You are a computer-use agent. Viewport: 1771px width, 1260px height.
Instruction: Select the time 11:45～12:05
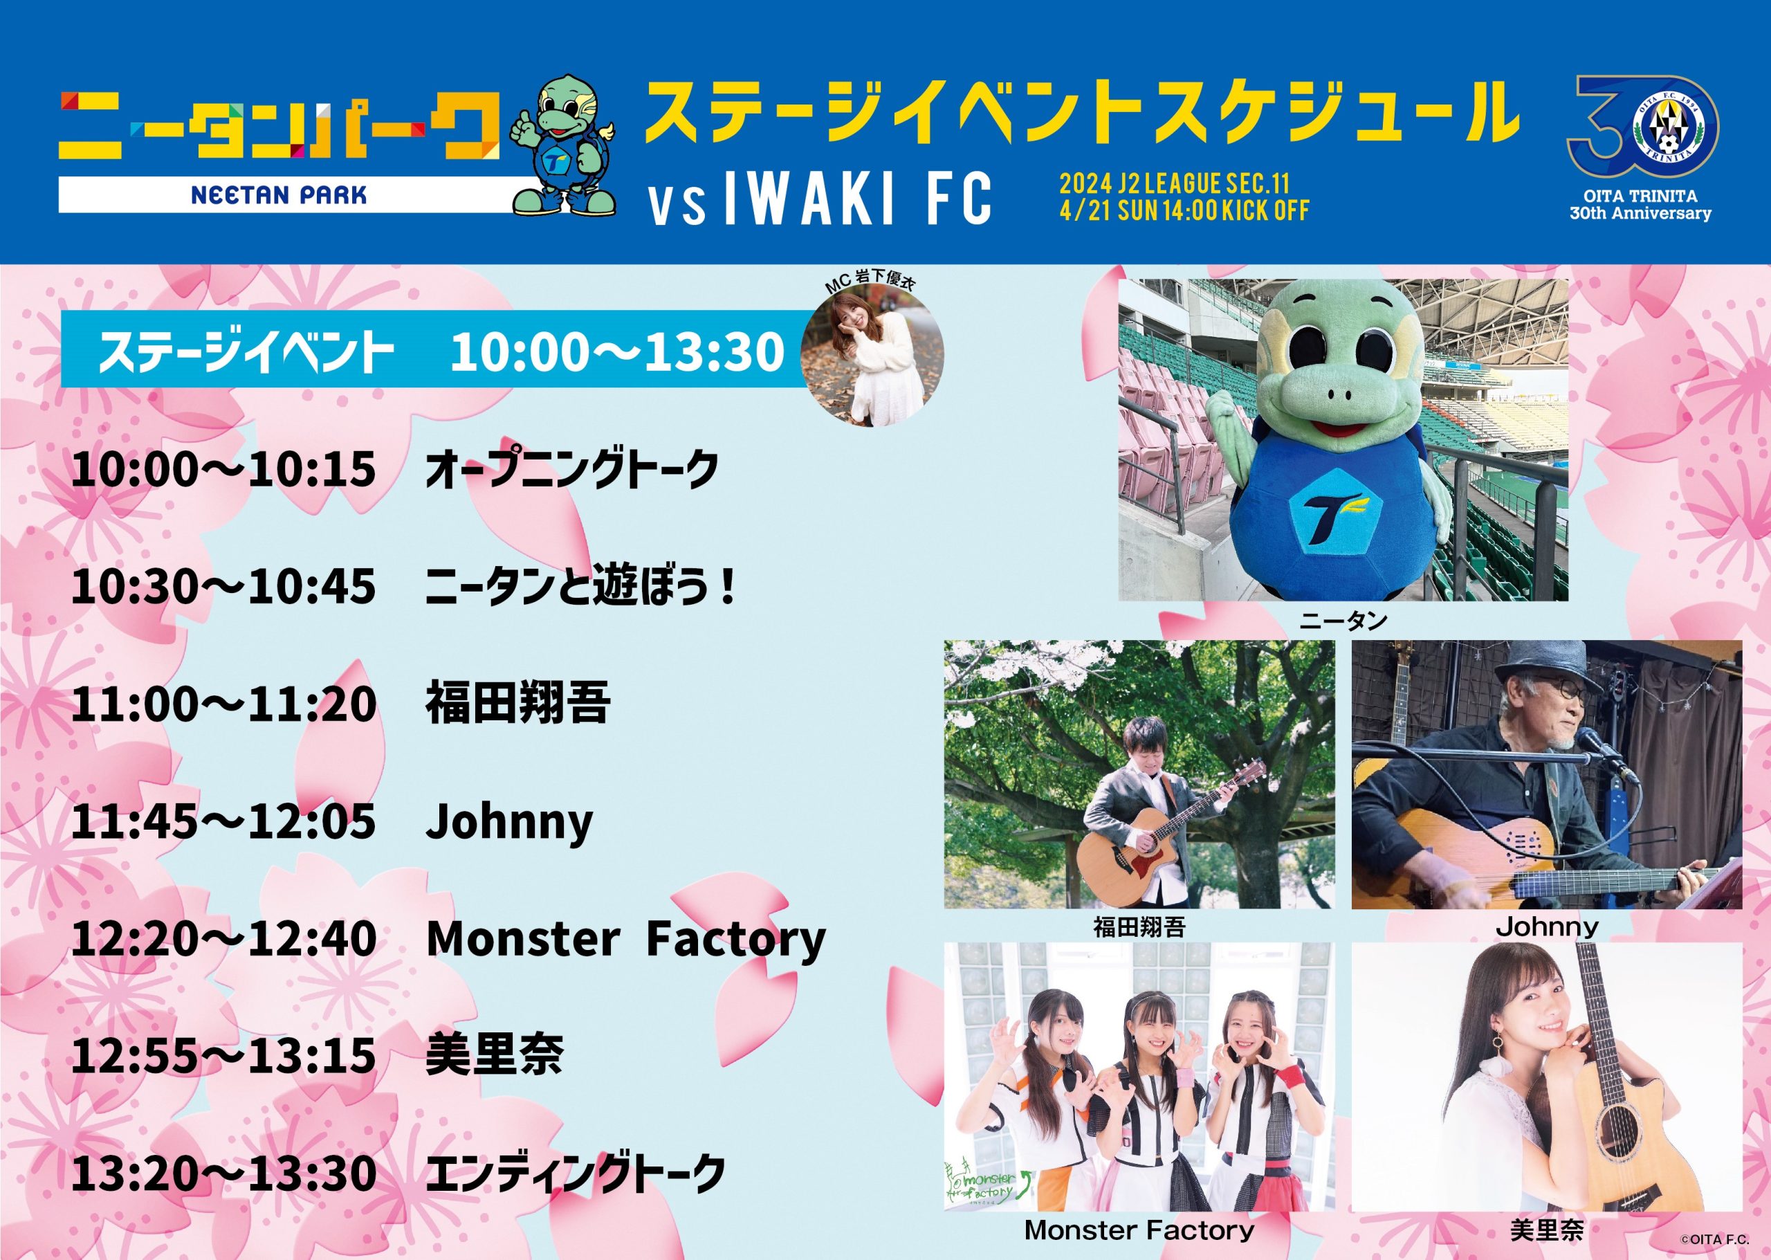tap(223, 821)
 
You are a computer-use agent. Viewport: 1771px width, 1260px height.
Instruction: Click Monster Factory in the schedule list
tap(626, 939)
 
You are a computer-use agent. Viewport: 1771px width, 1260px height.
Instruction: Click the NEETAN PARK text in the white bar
tap(279, 194)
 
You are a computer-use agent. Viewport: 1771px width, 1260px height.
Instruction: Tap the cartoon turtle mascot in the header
tap(564, 145)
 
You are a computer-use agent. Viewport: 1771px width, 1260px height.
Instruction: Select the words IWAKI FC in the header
tap(856, 199)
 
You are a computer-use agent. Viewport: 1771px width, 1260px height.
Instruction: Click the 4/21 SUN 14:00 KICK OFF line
tap(1184, 210)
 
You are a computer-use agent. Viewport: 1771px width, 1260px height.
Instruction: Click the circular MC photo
tap(875, 358)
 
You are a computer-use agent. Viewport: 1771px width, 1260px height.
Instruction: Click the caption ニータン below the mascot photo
tap(1343, 620)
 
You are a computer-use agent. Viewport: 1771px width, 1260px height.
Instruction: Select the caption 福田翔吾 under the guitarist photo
tap(1139, 927)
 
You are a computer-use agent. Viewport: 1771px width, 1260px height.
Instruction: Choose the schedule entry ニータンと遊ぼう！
tap(580, 587)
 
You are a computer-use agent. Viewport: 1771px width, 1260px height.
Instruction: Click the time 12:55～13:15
tap(223, 1055)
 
